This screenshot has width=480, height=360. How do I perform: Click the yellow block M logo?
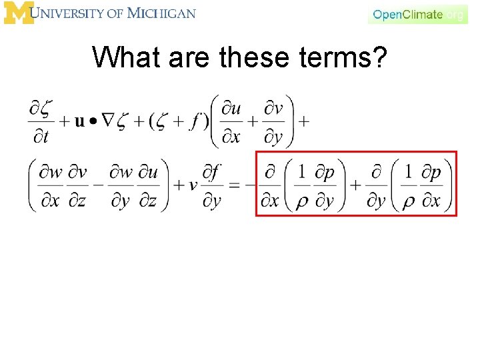point(18,13)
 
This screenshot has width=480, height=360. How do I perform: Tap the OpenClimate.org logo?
point(418,14)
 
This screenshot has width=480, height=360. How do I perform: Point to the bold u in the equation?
point(79,122)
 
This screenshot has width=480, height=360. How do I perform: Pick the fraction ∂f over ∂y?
point(213,185)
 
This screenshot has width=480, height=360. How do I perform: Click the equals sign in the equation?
point(234,185)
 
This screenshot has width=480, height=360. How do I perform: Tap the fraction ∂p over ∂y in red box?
point(324,185)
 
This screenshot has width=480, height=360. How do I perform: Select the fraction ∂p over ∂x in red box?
point(433,185)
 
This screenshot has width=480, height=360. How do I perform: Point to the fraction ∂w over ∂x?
point(50,185)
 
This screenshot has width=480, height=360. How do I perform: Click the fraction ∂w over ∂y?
point(121,185)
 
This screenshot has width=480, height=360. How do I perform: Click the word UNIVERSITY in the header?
point(77,13)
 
